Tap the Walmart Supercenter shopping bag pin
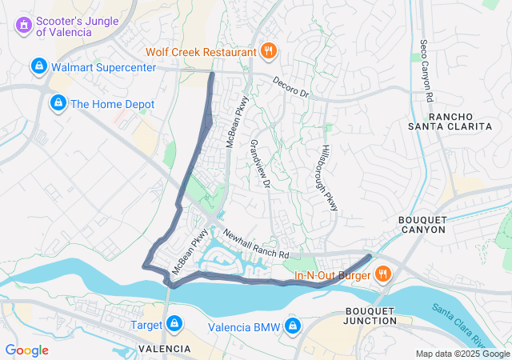pos(38,67)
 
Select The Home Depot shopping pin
pos(58,103)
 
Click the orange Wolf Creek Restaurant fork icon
pos(269,53)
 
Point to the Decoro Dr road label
pos(290,87)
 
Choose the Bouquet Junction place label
pos(370,315)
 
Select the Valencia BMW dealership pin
pos(294,326)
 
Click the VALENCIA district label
pos(164,349)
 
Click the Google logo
pos(26,350)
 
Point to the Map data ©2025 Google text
pos(462,354)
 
